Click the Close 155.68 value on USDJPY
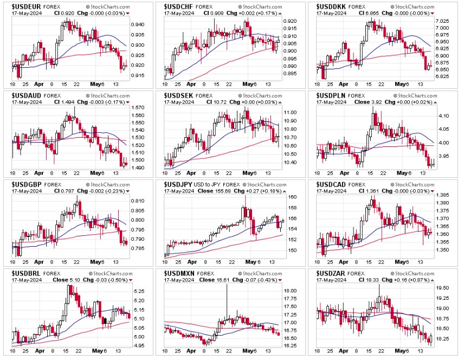tap(214, 190)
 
